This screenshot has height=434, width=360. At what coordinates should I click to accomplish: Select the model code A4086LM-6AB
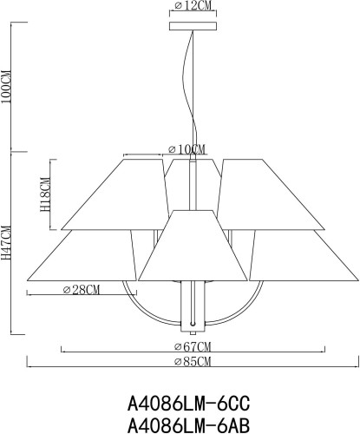(188, 424)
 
